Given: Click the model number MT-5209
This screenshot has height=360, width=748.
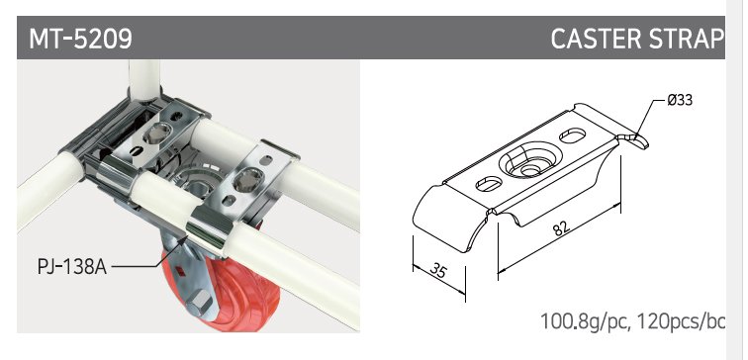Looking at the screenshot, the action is click(80, 39).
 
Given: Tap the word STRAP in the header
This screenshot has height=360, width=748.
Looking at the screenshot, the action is click(681, 39).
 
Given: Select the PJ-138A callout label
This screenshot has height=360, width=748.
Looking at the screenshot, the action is click(72, 267).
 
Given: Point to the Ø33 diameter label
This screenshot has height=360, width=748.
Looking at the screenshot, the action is click(680, 100).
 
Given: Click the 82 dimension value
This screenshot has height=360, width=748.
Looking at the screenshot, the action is click(561, 227).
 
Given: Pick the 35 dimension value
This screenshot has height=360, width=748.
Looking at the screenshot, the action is click(438, 270).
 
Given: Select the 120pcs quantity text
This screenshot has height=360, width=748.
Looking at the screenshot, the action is click(669, 321).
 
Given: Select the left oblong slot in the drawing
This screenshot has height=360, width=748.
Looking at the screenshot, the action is click(489, 184).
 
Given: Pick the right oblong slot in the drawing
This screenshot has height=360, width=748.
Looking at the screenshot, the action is click(572, 135).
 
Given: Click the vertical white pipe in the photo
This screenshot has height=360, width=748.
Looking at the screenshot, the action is click(144, 79).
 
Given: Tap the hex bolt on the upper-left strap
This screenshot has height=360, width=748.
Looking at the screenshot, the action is click(158, 133).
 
